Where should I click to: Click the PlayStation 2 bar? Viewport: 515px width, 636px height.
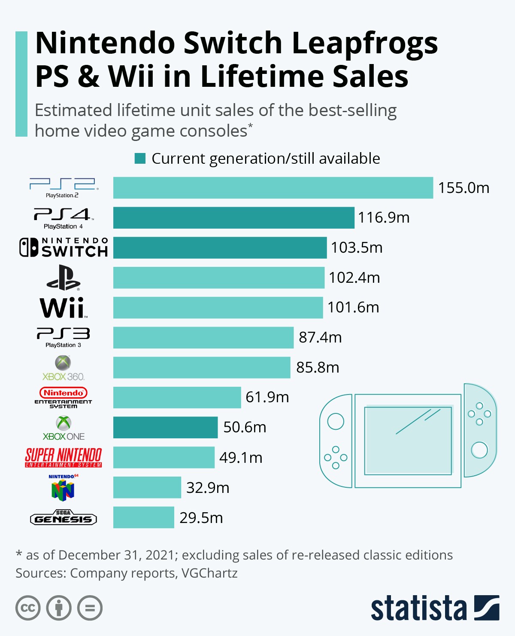click(x=273, y=188)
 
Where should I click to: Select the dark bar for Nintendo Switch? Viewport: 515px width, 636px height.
click(x=220, y=248)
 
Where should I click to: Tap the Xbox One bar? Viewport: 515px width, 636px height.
click(x=165, y=427)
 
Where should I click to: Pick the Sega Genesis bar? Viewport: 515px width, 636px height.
click(x=143, y=517)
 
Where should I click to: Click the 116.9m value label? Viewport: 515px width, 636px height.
click(x=384, y=217)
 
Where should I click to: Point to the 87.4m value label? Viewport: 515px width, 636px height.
click(x=320, y=337)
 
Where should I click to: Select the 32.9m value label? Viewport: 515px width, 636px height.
click(x=208, y=488)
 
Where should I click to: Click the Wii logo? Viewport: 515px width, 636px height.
click(x=64, y=308)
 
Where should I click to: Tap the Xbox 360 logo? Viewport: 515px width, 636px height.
click(x=63, y=368)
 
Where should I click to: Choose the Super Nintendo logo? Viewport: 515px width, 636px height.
click(x=64, y=457)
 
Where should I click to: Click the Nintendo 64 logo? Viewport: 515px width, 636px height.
click(x=63, y=488)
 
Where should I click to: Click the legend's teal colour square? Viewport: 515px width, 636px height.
click(x=140, y=159)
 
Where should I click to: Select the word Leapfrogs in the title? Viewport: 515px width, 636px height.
click(x=365, y=43)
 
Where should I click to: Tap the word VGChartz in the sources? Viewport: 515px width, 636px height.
click(x=209, y=573)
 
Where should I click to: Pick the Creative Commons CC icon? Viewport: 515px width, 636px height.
click(x=28, y=608)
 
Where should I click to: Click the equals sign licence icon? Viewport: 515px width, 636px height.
click(x=90, y=608)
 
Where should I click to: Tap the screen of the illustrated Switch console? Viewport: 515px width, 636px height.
click(x=408, y=440)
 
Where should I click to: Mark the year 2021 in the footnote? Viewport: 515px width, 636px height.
click(x=159, y=555)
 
